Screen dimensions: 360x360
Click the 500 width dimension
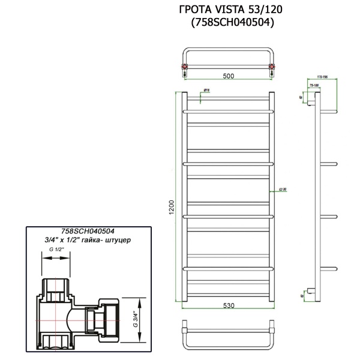pyautogui.click(x=228, y=76)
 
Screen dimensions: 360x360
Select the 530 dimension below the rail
pyautogui.click(x=228, y=305)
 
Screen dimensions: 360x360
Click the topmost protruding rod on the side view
pyautogui.click(x=329, y=111)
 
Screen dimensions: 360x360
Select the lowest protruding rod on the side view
pyautogui.click(x=329, y=266)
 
